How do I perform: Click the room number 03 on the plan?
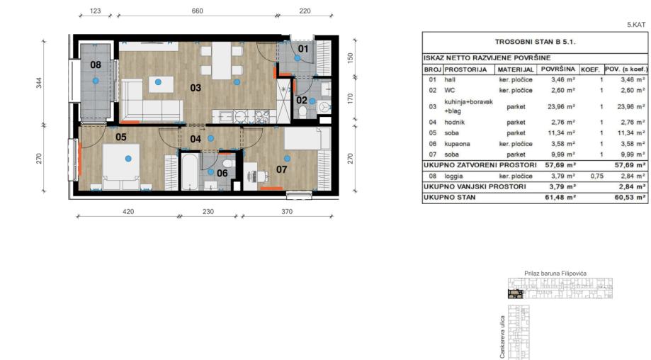[196, 88]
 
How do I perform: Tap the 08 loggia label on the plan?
[96, 64]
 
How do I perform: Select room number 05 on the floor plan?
[121, 137]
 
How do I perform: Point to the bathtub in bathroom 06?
[190, 172]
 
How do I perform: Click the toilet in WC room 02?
[302, 111]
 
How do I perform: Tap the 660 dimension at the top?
[197, 11]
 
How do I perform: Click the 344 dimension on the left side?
[39, 83]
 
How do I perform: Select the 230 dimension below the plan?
[208, 211]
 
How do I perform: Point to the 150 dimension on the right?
[350, 57]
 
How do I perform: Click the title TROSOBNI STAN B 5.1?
[535, 42]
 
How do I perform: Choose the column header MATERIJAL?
[515, 69]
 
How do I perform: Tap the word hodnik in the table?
[454, 122]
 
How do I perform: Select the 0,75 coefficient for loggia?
[596, 176]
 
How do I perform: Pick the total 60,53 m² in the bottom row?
[630, 197]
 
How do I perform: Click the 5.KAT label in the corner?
[636, 25]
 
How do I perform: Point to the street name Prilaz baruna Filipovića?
[555, 274]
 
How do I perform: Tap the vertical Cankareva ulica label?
[502, 337]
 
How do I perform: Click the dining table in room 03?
[222, 61]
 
